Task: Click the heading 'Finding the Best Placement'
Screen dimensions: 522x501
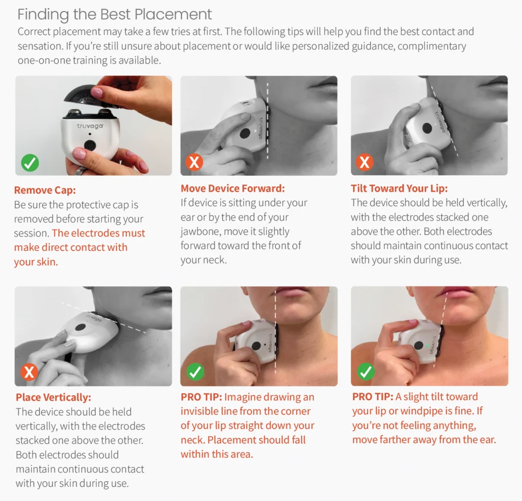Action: (114, 15)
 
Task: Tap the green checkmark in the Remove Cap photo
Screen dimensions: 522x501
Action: (30, 163)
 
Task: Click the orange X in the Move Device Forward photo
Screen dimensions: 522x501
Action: (194, 163)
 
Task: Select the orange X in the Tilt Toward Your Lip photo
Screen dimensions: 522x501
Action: (364, 162)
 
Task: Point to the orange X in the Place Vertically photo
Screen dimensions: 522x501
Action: (29, 372)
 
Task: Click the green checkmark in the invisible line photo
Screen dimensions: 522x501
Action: (195, 372)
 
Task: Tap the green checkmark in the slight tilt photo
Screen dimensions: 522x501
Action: (366, 372)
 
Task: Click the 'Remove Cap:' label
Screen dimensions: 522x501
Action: (45, 190)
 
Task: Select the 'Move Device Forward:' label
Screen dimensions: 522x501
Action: (232, 189)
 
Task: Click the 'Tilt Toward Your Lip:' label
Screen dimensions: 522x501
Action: (399, 189)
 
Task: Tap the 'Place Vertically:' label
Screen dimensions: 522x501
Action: (53, 397)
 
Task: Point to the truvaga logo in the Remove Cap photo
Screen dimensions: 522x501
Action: (90, 126)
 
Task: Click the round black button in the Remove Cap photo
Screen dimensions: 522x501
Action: (90, 145)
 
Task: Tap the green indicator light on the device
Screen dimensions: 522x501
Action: (428, 346)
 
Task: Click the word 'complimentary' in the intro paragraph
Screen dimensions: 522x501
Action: (432, 46)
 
